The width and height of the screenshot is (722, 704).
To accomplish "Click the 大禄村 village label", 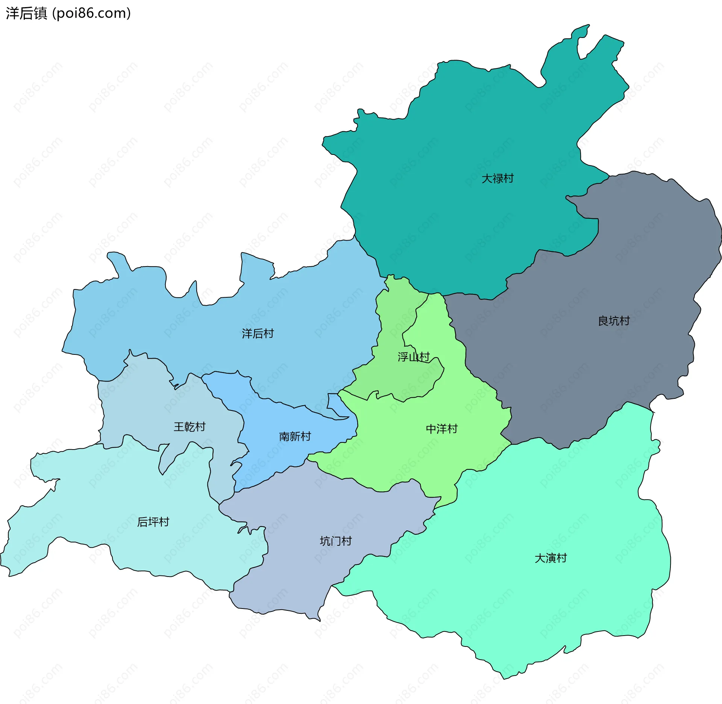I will click(x=498, y=179).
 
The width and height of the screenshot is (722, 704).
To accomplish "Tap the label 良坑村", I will click(x=614, y=321).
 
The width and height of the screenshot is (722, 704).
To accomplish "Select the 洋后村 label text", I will click(x=258, y=333).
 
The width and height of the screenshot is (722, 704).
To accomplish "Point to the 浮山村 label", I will click(x=414, y=357).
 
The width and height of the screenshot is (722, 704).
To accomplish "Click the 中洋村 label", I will click(x=441, y=428).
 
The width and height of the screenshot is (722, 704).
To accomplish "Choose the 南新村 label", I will click(x=295, y=436).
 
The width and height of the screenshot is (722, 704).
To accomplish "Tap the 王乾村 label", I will click(x=190, y=427).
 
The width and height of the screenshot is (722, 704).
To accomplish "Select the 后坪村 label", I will click(x=153, y=522).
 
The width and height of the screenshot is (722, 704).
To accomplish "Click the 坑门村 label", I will click(x=335, y=541).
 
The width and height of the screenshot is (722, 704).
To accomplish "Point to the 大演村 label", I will click(x=551, y=558).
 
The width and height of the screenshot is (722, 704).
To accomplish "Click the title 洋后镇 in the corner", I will click(x=26, y=13).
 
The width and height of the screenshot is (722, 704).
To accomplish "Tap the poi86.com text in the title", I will click(x=91, y=13).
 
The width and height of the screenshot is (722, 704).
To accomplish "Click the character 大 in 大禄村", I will click(x=487, y=179).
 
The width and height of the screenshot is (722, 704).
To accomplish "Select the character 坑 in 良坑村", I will click(x=614, y=321).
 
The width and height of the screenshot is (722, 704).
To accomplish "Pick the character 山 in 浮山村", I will click(x=414, y=357).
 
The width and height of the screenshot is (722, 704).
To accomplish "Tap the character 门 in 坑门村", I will click(x=335, y=541).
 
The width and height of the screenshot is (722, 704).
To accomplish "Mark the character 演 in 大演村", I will click(x=551, y=558).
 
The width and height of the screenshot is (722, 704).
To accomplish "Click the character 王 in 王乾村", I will click(x=179, y=427).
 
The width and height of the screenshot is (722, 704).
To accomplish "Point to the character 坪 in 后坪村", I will click(x=153, y=522).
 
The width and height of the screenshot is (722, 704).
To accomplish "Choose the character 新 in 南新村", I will click(x=295, y=436).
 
